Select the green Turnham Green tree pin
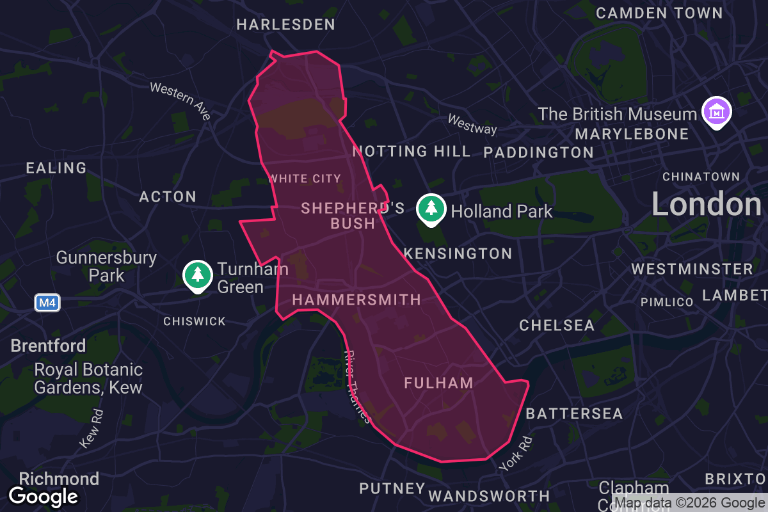[198, 275]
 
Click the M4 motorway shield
[47, 302]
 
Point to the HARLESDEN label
[285, 25]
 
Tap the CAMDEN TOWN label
[659, 13]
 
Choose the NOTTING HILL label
[412, 152]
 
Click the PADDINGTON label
[538, 152]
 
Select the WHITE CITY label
[305, 179]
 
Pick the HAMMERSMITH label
[356, 300]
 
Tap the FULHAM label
[438, 383]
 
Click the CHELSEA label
[557, 325]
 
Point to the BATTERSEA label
[574, 414]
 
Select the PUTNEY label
[392, 489]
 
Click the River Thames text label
[357, 387]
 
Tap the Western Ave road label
[180, 100]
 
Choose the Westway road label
[472, 124]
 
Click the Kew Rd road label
[92, 428]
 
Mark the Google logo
[44, 496]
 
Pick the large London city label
[706, 205]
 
